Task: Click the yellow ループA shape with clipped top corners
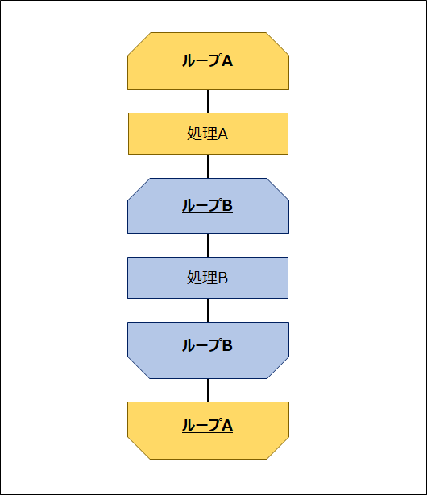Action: [x=208, y=61]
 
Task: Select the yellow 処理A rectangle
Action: [x=208, y=134]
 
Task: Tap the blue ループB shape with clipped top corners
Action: [x=208, y=206]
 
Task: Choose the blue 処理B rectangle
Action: [x=208, y=278]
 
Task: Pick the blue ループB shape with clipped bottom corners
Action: [x=208, y=350]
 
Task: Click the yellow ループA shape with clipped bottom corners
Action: [x=208, y=431]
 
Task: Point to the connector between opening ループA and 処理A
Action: [x=208, y=101]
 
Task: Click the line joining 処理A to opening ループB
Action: [x=208, y=167]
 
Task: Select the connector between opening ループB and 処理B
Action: [x=208, y=245]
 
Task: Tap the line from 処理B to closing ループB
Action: [x=208, y=311]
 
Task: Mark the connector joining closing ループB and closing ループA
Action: [x=208, y=390]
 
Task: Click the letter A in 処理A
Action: [x=223, y=134]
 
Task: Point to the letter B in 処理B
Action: [x=223, y=278]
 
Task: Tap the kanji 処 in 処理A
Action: [x=193, y=134]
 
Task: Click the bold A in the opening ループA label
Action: [x=227, y=61]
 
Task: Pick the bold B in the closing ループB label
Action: [x=227, y=345]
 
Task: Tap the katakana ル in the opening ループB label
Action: [x=188, y=205]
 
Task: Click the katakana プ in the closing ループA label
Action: [x=214, y=425]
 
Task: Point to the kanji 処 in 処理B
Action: [x=193, y=278]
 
